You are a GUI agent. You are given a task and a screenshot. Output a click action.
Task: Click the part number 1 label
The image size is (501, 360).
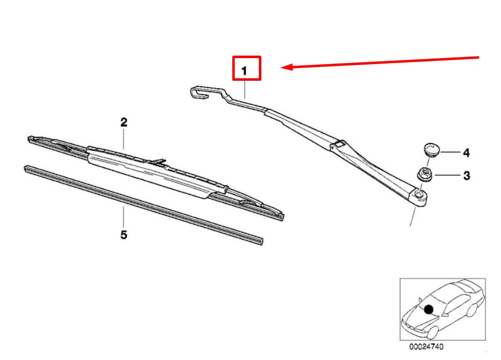click(x=244, y=71)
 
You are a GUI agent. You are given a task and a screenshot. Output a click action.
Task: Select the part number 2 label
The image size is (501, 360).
click(x=124, y=122)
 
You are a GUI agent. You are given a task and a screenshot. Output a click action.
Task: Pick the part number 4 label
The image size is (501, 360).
click(x=466, y=153)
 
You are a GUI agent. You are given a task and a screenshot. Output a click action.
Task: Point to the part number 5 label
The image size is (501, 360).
click(x=124, y=235)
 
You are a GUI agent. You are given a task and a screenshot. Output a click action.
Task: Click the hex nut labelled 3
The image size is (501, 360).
click(x=423, y=174)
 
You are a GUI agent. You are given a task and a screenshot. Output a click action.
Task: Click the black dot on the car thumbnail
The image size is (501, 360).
click(x=429, y=309)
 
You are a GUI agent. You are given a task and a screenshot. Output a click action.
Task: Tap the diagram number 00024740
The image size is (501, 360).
click(x=426, y=347)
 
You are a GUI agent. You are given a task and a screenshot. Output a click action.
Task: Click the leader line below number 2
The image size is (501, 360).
click(x=124, y=139)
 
